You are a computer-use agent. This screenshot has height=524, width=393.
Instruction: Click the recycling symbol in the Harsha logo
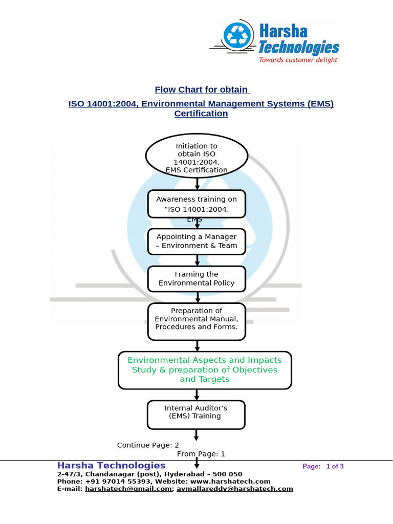[x=237, y=36]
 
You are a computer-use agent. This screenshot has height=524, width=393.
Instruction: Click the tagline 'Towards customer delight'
[x=298, y=60]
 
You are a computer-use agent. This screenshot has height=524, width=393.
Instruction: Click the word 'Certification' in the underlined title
[x=201, y=114]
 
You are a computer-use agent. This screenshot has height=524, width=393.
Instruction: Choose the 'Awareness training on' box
[x=196, y=204]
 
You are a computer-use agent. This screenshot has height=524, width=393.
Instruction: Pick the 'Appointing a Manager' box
[x=196, y=241]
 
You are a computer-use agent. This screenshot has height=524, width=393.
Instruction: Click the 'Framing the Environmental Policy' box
[x=196, y=278]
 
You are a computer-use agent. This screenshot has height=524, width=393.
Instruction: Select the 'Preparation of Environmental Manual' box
[x=196, y=321]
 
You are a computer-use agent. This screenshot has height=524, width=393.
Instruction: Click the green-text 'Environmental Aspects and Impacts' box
[x=204, y=369]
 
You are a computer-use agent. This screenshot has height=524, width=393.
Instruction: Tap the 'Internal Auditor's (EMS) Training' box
[x=196, y=414]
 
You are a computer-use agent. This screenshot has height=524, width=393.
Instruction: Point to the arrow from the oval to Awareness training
[x=197, y=184]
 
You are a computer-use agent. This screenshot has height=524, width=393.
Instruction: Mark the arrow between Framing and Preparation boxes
[x=197, y=297]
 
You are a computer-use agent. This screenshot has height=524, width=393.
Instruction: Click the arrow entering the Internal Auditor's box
[x=197, y=395]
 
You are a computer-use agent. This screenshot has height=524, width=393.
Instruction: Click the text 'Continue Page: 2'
[x=148, y=445]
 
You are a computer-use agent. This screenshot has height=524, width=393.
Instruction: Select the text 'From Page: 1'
[x=201, y=454]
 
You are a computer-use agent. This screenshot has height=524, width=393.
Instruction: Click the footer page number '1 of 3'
[x=335, y=466]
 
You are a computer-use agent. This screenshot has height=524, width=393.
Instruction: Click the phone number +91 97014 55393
[x=111, y=482]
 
